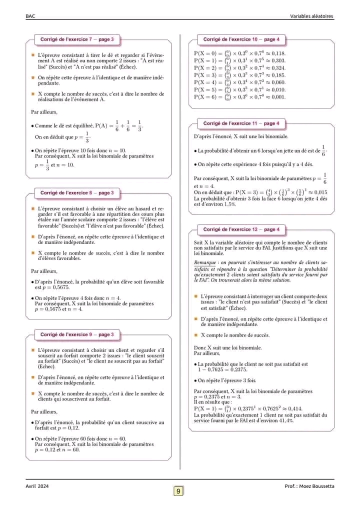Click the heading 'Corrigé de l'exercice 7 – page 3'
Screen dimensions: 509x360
click(x=77, y=39)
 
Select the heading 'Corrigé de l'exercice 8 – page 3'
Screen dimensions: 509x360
click(x=77, y=192)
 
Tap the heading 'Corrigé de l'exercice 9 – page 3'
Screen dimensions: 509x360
click(x=77, y=334)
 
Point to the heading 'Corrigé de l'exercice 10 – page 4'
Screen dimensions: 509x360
click(x=241, y=39)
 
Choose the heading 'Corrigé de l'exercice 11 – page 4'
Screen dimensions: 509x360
click(x=241, y=123)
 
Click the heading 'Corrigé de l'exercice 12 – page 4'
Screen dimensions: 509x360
click(x=241, y=229)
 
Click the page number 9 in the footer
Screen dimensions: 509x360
click(x=178, y=491)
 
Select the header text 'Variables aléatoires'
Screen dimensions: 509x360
click(x=311, y=16)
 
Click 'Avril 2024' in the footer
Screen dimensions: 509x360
click(x=37, y=486)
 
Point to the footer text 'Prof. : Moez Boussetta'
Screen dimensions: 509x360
click(x=309, y=486)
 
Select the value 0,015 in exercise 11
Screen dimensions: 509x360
click(x=319, y=192)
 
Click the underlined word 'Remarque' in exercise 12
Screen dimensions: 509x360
click(x=205, y=262)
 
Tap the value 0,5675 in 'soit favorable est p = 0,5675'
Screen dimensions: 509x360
click(x=61, y=288)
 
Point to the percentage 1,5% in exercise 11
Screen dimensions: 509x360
click(x=229, y=204)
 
